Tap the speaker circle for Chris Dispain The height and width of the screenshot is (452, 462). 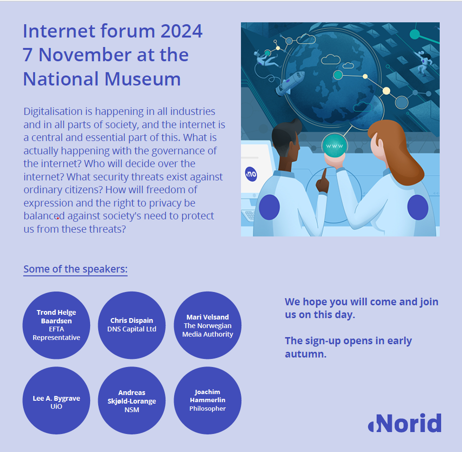click(131, 325)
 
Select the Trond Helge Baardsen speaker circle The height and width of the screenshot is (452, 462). click(56, 325)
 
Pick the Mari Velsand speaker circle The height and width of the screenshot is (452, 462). click(207, 325)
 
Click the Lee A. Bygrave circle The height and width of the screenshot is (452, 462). click(56, 401)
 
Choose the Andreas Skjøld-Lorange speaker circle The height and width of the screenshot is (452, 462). click(131, 401)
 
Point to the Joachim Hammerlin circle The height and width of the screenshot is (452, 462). click(207, 401)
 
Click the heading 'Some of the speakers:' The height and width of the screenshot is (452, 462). click(75, 269)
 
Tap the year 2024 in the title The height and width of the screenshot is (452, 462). click(181, 31)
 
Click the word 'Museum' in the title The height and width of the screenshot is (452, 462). click(149, 79)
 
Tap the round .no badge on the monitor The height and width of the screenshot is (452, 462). click(251, 174)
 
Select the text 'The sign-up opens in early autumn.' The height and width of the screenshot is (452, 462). click(348, 347)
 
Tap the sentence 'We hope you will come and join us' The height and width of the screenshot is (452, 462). click(361, 308)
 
